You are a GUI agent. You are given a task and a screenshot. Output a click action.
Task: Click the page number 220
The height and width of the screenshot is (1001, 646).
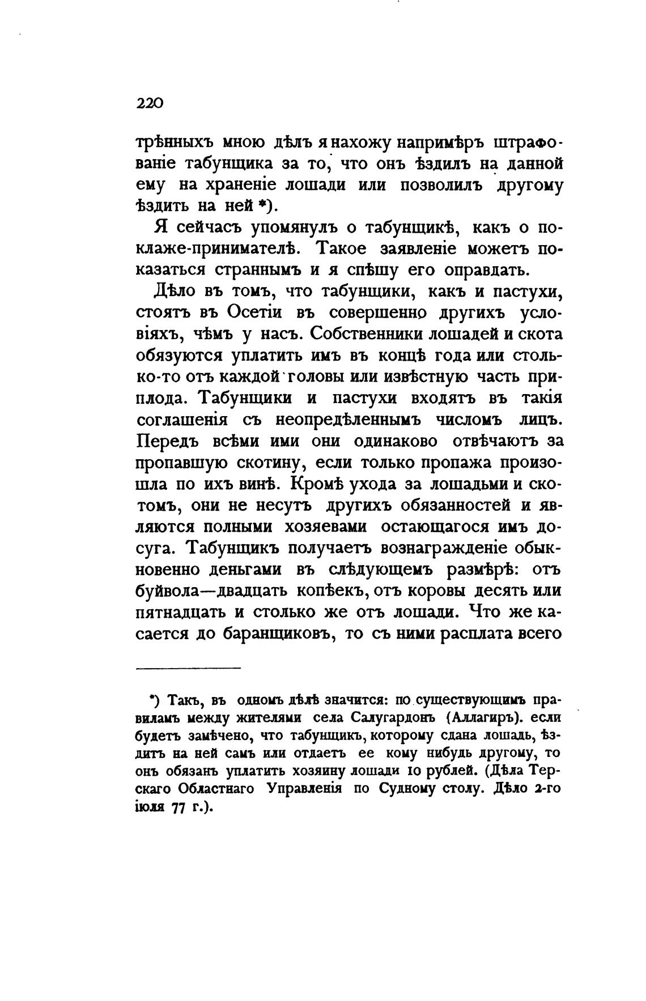click(x=150, y=104)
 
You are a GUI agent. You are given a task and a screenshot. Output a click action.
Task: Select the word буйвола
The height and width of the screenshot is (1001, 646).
click(x=167, y=591)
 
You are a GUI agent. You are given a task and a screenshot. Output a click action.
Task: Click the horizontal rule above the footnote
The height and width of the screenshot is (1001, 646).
click(x=189, y=669)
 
